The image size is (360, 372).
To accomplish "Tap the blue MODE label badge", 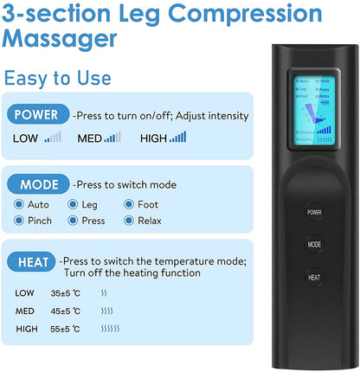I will (x=36, y=184).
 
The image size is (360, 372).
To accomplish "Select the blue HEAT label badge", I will (x=33, y=261).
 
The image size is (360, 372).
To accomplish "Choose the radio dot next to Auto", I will (x=19, y=205).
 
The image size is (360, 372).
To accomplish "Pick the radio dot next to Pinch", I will (x=19, y=221).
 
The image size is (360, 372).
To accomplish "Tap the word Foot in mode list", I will (x=148, y=205).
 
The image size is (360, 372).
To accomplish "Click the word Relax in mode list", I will (x=151, y=221).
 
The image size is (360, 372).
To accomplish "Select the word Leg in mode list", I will (x=90, y=205).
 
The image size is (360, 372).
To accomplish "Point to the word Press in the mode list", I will (x=93, y=221).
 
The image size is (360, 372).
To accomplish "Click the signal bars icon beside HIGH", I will (x=178, y=136).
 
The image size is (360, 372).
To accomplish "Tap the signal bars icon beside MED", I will (x=112, y=136).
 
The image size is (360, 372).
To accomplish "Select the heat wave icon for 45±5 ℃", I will (x=106, y=311).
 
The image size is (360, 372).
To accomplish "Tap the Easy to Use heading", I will (x=57, y=78).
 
